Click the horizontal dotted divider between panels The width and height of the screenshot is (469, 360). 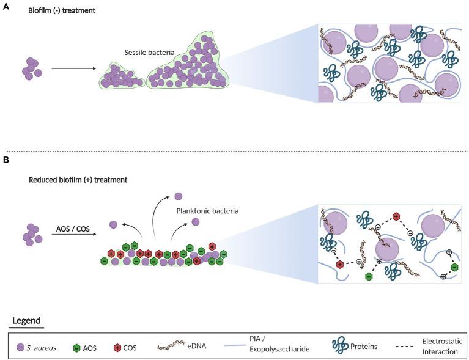click(x=234, y=151)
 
